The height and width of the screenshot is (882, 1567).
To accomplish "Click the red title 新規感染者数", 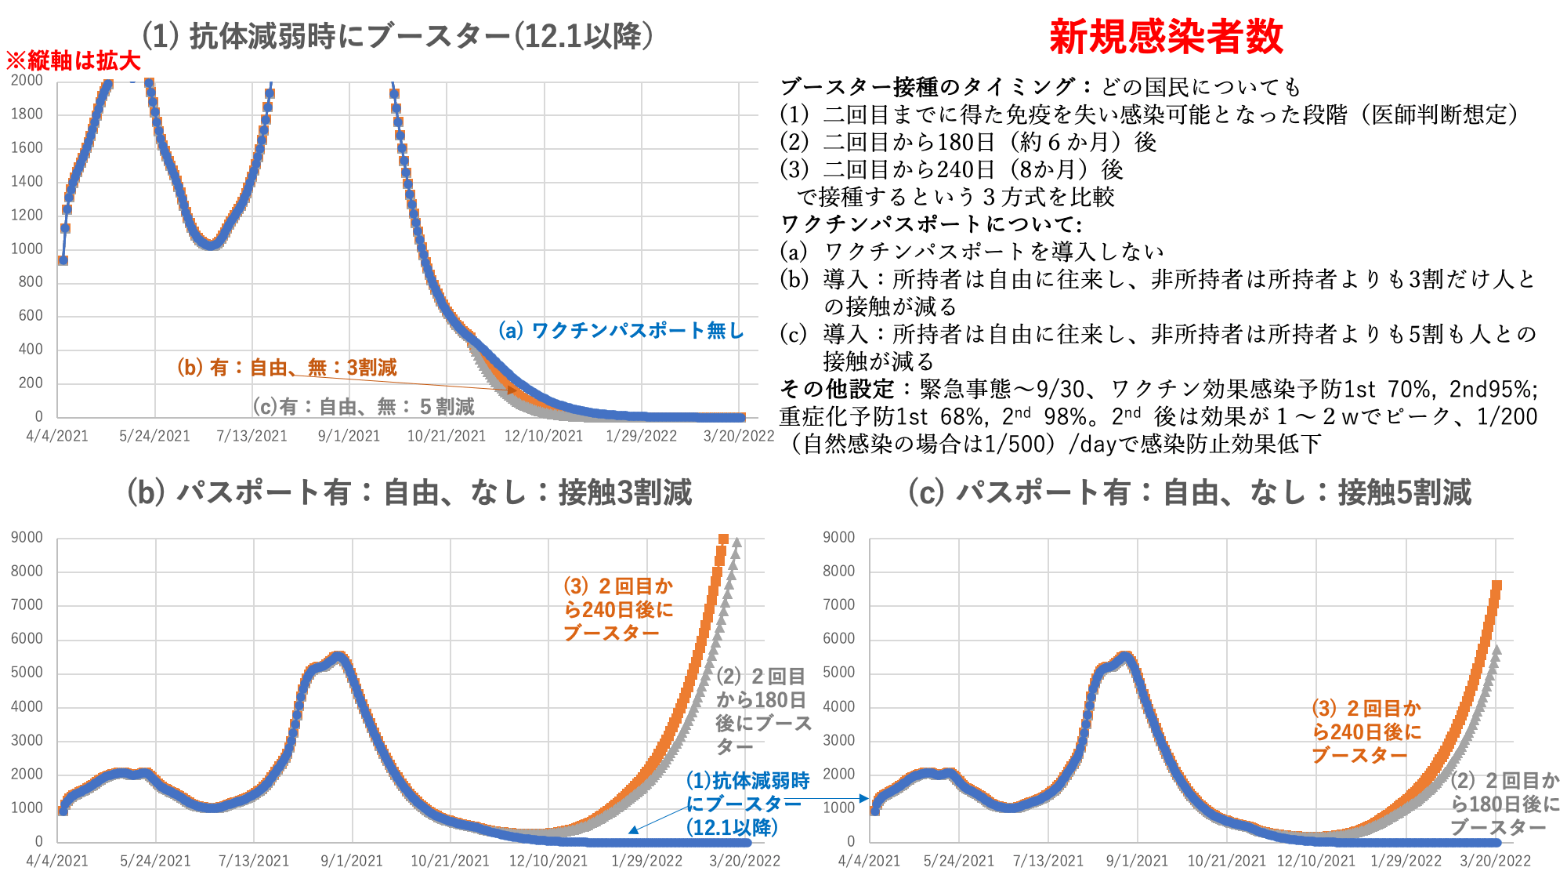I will [1166, 37].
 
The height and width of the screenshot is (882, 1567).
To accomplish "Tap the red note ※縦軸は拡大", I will [73, 61].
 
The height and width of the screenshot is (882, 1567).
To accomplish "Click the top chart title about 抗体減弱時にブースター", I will [397, 36].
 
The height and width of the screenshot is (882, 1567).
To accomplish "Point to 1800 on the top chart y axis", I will [27, 114].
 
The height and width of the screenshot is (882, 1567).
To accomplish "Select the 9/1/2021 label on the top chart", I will [349, 436].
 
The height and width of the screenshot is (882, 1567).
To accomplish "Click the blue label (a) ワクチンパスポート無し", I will [621, 331].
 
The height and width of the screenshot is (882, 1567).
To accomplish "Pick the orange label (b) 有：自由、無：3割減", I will [287, 368].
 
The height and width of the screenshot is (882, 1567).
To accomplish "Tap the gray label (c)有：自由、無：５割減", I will [364, 407].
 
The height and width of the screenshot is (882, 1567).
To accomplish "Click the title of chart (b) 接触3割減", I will [409, 492].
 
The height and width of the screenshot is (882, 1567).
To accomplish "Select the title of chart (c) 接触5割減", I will [1189, 492].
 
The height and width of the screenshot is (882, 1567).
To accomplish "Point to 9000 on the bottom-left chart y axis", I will [27, 537].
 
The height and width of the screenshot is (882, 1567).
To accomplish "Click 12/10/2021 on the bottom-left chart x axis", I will [548, 861].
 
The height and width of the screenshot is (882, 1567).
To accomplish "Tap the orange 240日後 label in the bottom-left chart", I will [618, 609].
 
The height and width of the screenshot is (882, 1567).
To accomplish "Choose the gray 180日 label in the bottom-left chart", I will [762, 711].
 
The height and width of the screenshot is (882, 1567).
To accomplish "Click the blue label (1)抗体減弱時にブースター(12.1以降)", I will [747, 804].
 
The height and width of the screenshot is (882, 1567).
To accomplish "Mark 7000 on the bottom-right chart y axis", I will [839, 604].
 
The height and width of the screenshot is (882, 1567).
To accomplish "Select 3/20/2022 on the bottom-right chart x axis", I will [1495, 861].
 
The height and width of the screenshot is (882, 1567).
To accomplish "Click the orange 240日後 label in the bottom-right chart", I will [1366, 731].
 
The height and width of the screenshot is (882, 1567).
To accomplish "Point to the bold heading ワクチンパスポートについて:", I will [932, 224].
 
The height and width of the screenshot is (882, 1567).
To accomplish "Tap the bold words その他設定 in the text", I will [838, 389].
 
